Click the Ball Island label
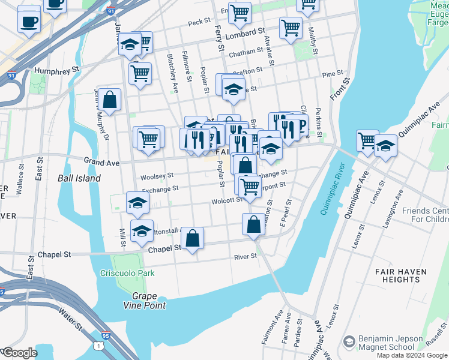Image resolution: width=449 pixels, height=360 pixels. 79,178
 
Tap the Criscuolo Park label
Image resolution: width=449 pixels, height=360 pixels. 127,273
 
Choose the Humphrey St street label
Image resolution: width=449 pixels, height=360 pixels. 57,70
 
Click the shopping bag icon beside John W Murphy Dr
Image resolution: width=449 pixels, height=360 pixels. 110,100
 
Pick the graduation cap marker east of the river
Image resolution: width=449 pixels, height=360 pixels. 385,146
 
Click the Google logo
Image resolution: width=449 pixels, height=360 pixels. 19,353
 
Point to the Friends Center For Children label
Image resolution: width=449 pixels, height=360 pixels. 425,215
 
